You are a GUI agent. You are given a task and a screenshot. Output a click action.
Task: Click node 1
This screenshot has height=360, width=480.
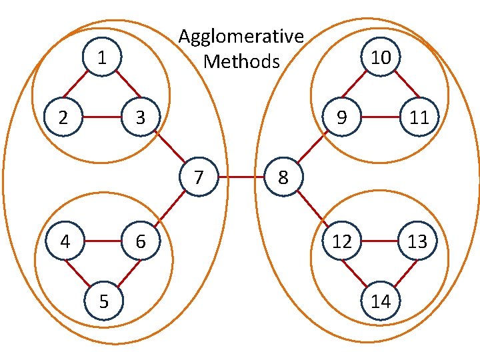pyautogui.click(x=101, y=58)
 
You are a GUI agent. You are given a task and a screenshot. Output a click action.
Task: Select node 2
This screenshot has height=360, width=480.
pyautogui.click(x=63, y=118)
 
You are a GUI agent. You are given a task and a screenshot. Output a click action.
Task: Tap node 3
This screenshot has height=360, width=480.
pyautogui.click(x=140, y=118)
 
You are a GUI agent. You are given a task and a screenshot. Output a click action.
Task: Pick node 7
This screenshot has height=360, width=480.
pyautogui.click(x=199, y=177)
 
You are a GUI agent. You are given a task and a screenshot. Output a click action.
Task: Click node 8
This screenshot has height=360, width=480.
pyautogui.click(x=284, y=177)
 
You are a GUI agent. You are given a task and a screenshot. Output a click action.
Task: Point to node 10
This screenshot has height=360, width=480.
pyautogui.click(x=381, y=58)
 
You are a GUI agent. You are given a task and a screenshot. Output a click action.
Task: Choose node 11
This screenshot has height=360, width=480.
pyautogui.click(x=419, y=118)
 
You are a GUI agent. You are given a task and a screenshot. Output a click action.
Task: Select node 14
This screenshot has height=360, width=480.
pyautogui.click(x=381, y=301)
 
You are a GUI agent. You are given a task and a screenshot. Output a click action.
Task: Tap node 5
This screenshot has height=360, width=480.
pyautogui.click(x=103, y=301)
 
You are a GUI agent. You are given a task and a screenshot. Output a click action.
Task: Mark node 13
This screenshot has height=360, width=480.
pyautogui.click(x=418, y=241)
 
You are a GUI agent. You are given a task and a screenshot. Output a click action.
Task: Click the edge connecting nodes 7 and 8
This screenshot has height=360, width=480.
pyautogui.click(x=241, y=177)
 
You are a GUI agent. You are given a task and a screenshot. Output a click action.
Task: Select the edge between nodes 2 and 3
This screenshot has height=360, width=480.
pyautogui.click(x=101, y=118)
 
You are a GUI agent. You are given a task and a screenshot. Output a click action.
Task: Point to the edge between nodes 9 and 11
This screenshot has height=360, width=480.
pyautogui.click(x=381, y=118)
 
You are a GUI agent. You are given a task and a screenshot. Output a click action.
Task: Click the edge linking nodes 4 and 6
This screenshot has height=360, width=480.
pyautogui.click(x=102, y=241)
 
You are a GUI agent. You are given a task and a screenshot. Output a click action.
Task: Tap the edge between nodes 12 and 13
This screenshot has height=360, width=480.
pyautogui.click(x=380, y=241)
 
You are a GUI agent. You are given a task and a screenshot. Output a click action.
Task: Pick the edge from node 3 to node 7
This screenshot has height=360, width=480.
pyautogui.click(x=169, y=147)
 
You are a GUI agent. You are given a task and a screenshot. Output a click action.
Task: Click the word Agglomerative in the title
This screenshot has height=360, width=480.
pyautogui.click(x=241, y=37)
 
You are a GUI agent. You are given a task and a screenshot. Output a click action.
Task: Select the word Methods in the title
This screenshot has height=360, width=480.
pyautogui.click(x=241, y=61)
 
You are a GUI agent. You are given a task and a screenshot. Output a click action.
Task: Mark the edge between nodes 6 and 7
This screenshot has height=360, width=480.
pyautogui.click(x=170, y=208)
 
